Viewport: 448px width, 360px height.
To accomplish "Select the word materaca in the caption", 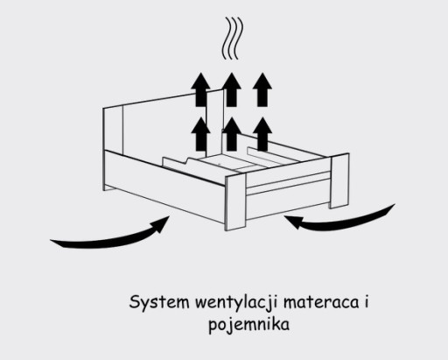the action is [x=321, y=303].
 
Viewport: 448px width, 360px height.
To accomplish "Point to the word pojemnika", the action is [x=249, y=325].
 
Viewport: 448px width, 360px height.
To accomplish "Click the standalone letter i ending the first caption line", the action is [x=367, y=302].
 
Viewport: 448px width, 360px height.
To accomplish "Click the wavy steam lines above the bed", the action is [x=232, y=38].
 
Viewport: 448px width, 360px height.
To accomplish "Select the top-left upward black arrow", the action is [x=200, y=89].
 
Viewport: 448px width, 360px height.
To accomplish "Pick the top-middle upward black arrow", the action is [x=231, y=89].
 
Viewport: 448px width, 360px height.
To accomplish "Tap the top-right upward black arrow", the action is [x=262, y=89].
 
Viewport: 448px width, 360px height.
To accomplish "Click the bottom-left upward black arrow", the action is [x=200, y=134].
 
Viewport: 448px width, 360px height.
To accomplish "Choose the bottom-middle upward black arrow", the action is [x=232, y=134].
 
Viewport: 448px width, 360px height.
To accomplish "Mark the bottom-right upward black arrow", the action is [x=262, y=134].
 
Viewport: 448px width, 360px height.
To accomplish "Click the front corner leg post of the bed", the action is [x=235, y=202].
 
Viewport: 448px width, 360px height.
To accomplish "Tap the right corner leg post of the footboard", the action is [x=339, y=180].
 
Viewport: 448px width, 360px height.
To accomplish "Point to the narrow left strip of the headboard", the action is [x=113, y=129].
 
